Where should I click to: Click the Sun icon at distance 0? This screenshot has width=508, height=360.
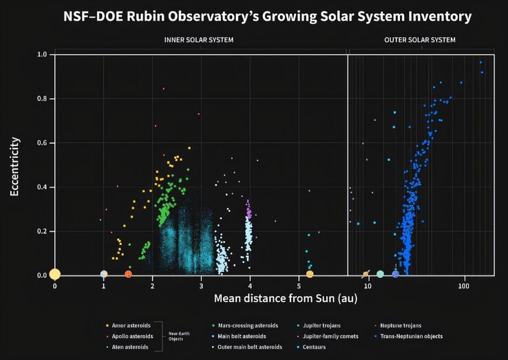coord(55,274)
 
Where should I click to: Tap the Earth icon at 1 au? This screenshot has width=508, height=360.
coord(103,274)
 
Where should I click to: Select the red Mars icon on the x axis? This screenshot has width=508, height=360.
coord(128,274)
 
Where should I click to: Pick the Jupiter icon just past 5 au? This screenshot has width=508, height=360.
coord(310,274)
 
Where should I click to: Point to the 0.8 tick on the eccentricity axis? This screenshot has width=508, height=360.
coord(41,98)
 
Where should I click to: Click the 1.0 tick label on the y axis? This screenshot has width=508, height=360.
coord(41,54)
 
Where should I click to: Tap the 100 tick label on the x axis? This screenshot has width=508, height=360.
coord(464,286)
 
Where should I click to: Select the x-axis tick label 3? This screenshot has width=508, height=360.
coord(201,286)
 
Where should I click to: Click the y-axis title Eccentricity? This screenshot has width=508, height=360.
coord(14,167)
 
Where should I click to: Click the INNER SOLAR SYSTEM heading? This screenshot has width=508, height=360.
coord(199,40)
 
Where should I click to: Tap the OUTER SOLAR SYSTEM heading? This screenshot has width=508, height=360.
coord(419,40)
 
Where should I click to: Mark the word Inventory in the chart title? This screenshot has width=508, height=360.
coord(436,14)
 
